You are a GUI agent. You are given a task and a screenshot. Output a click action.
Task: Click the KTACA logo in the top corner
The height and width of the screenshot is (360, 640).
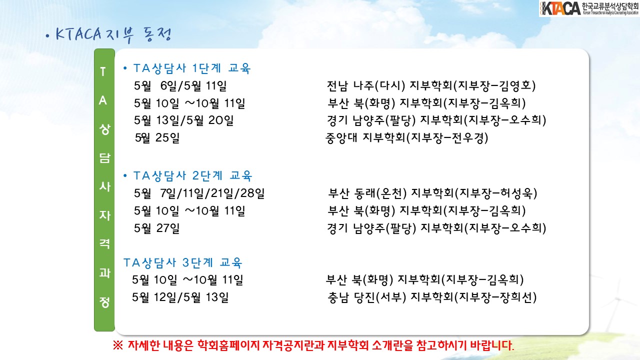(x=589, y=8)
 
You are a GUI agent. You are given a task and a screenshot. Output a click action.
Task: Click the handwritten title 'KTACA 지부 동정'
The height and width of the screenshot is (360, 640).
(x=113, y=35)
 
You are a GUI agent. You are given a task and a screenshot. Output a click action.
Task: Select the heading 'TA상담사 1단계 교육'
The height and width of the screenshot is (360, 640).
(x=192, y=68)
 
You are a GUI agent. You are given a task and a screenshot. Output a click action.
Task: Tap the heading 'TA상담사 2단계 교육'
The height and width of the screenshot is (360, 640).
(x=193, y=175)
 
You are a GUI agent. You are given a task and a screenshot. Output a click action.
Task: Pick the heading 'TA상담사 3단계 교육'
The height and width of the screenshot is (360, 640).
(x=183, y=262)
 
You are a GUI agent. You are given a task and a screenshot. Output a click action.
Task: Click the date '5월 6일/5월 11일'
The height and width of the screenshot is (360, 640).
(x=180, y=86)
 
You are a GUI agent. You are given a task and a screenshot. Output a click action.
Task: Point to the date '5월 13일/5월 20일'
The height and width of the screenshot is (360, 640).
(x=183, y=120)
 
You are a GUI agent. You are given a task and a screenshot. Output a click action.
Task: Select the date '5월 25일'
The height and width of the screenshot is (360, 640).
(x=157, y=138)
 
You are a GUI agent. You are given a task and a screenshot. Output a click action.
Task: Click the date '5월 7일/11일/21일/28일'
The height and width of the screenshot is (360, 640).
(x=199, y=193)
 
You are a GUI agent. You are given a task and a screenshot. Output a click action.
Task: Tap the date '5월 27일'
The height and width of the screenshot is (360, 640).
(x=157, y=228)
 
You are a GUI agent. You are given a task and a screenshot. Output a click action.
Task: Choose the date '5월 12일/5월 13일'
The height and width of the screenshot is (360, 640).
(x=180, y=297)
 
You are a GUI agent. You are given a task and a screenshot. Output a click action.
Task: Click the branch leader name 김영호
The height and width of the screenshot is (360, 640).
(x=515, y=85)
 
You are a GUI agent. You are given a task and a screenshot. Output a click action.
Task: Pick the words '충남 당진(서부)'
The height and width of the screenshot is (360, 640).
(x=367, y=297)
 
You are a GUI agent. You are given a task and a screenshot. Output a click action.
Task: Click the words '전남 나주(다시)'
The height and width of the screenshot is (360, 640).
(x=366, y=86)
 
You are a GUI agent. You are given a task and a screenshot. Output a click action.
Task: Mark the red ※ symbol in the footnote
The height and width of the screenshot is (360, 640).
(x=117, y=345)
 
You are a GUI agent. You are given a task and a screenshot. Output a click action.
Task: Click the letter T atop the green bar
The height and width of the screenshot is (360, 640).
(x=103, y=71)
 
